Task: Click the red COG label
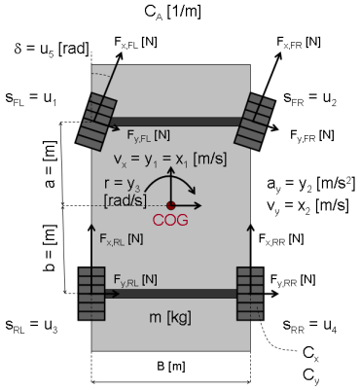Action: point(170,220)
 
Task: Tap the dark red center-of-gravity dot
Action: point(170,205)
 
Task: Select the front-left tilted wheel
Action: point(95,122)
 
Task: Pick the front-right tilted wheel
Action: point(255,122)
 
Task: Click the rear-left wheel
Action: point(91,294)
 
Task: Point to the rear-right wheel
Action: point(250,294)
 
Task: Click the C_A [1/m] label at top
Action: point(172,12)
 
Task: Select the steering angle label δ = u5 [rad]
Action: point(52,50)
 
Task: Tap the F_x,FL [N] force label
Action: point(135,43)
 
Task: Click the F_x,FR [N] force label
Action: point(299,42)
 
